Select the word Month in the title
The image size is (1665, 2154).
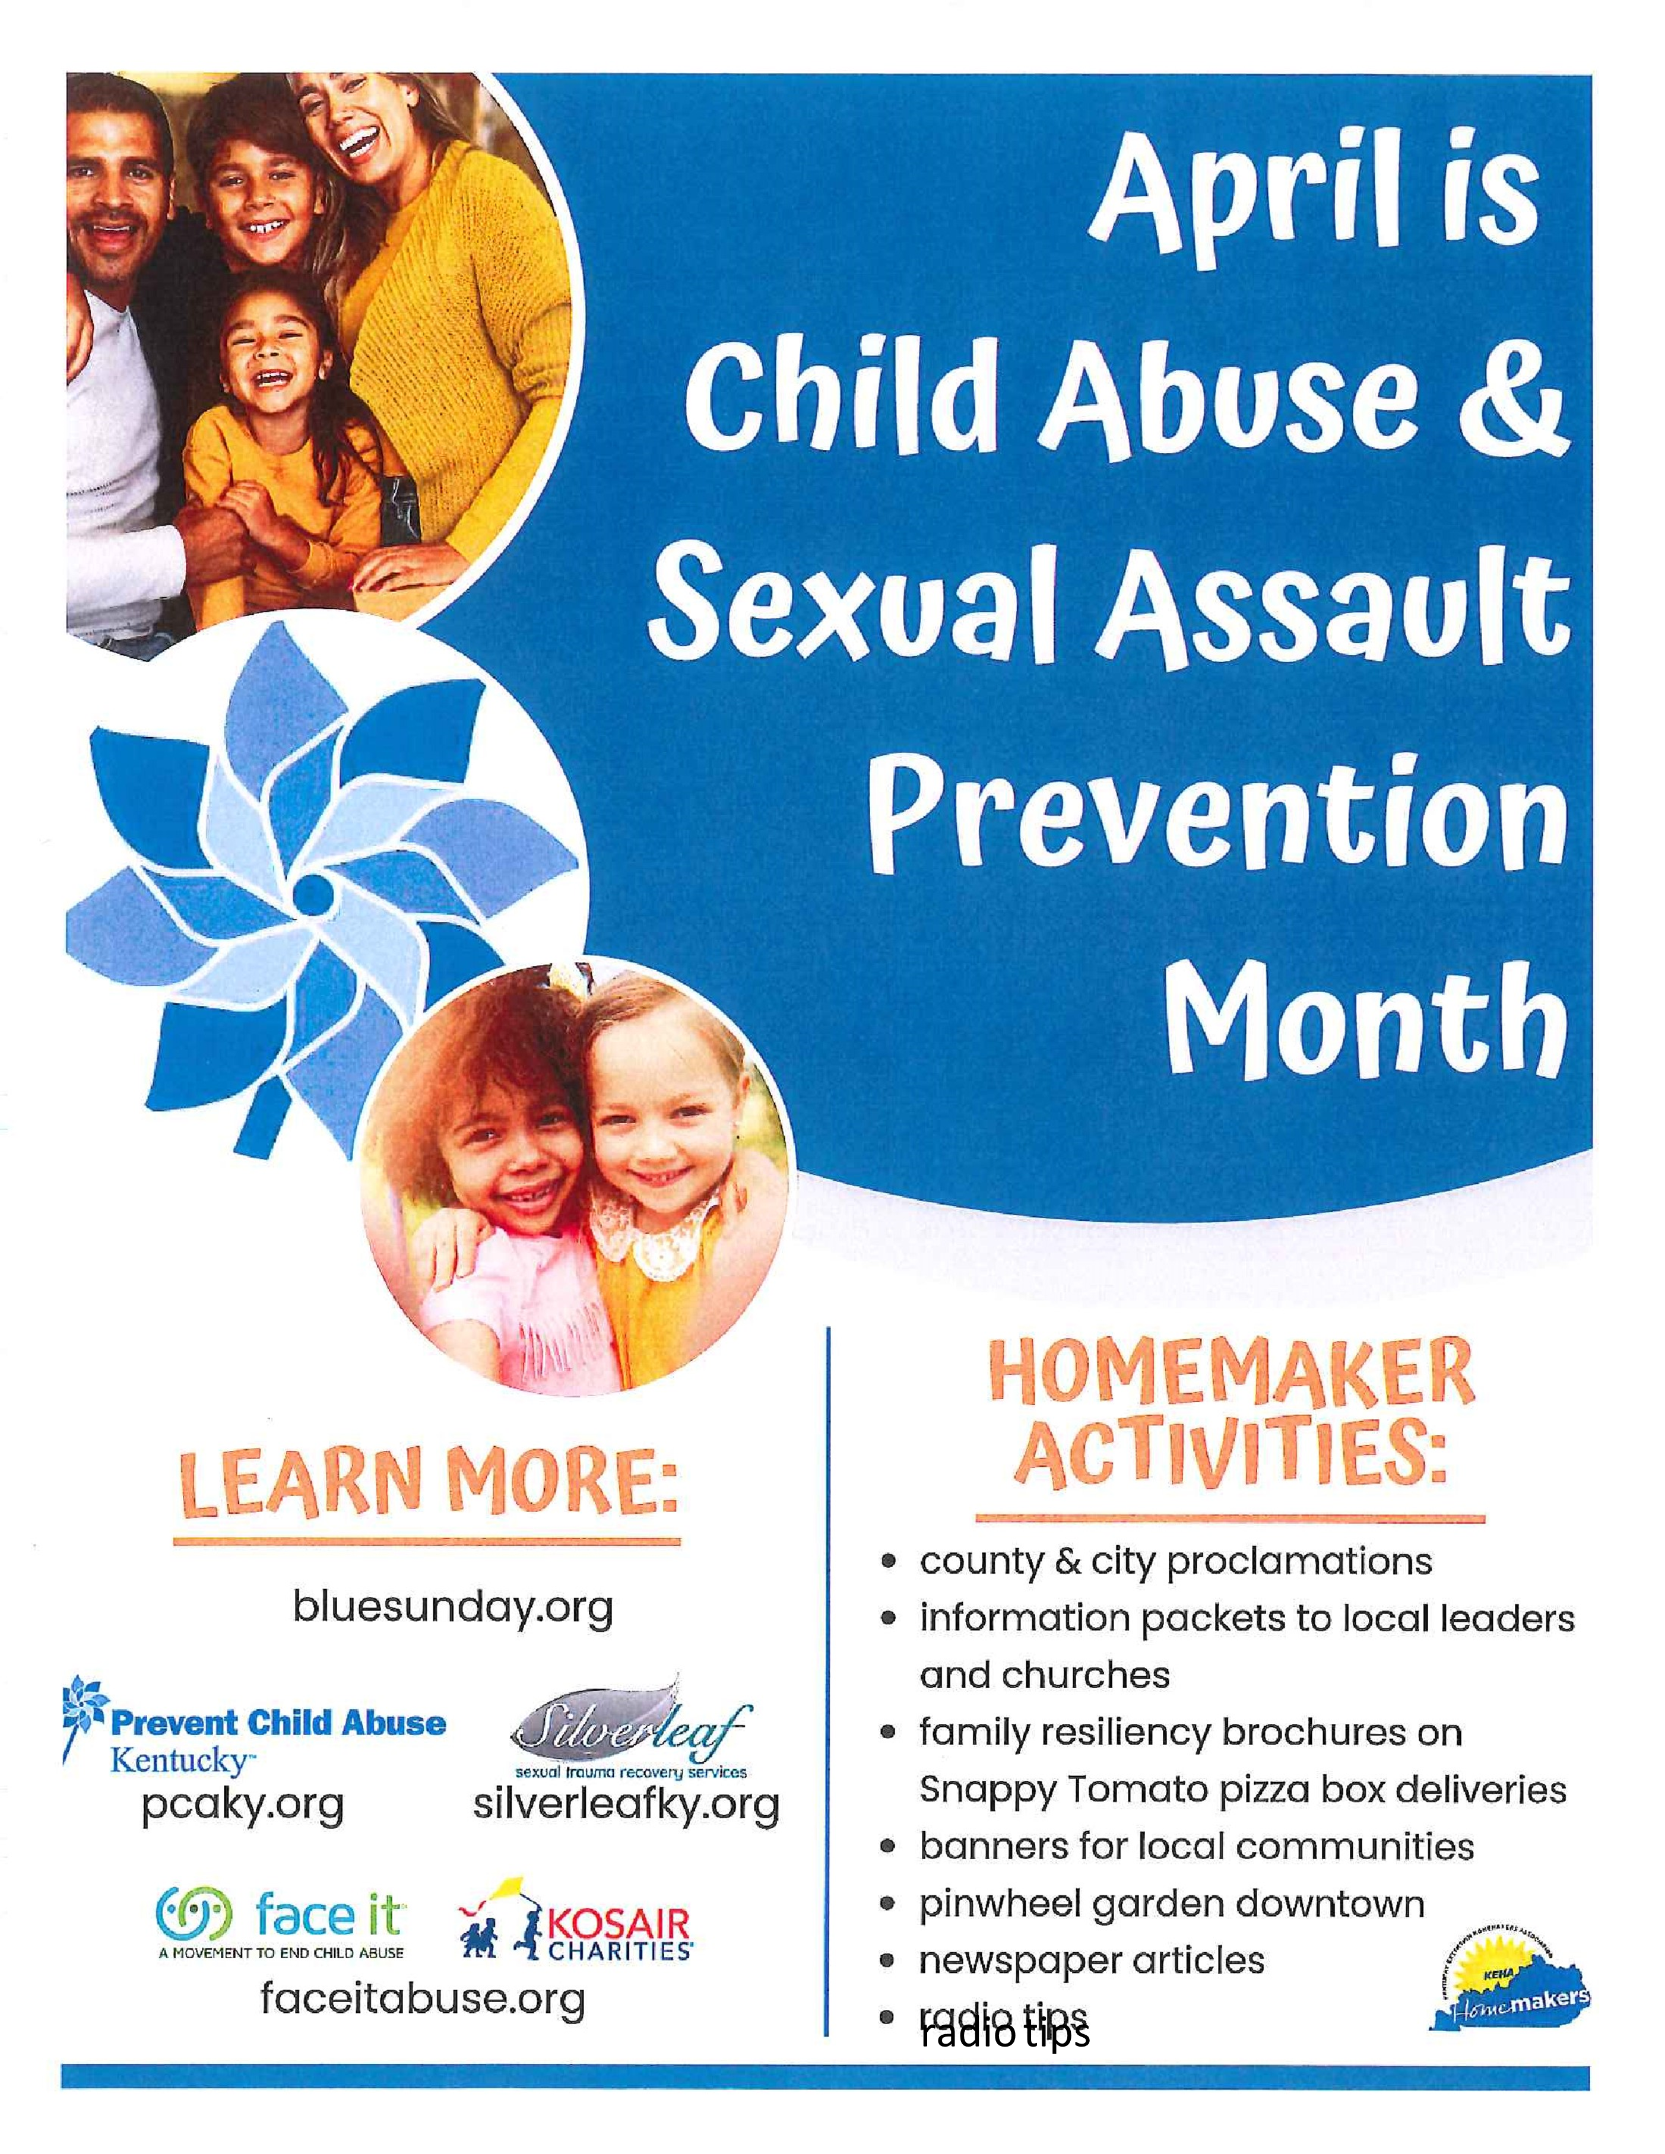(x=1365, y=1016)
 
